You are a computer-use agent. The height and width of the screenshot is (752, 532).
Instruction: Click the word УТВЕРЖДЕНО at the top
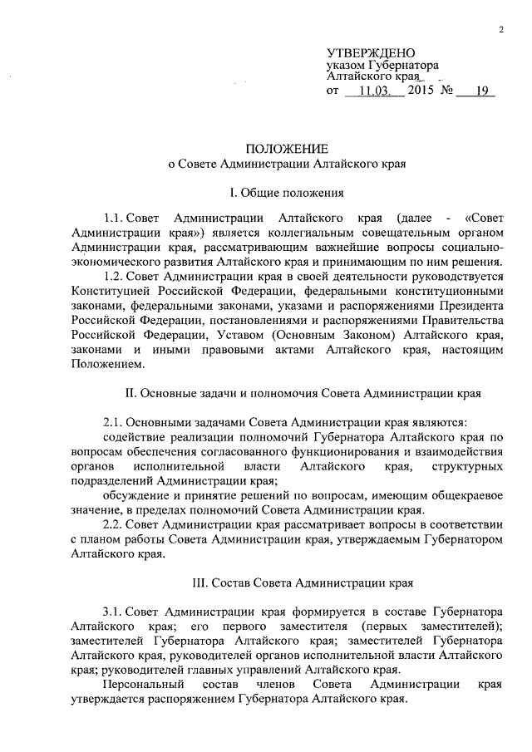tap(367, 52)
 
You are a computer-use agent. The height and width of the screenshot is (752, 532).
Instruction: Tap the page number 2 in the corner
tap(501, 31)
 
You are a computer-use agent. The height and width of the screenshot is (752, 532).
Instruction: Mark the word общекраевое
tap(462, 496)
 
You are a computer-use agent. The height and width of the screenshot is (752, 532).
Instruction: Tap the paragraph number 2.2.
tap(114, 526)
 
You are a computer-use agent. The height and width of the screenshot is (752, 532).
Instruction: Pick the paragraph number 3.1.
tap(114, 609)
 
